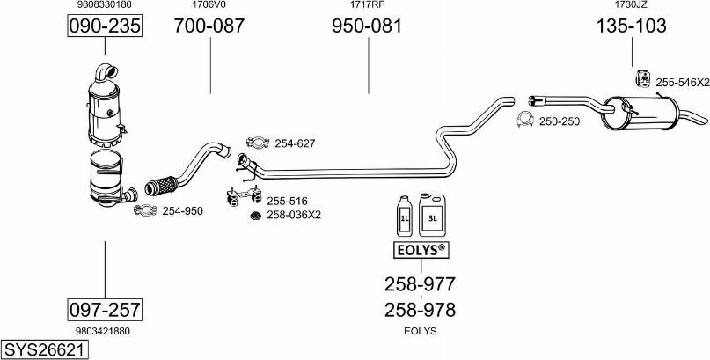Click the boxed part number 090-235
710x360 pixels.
(105, 27)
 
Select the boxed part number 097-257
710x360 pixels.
(105, 309)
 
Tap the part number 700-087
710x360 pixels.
(209, 27)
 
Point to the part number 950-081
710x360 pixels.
(366, 27)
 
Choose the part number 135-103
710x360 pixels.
(631, 27)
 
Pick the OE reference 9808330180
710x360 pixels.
(105, 5)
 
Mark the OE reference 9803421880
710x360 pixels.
(104, 331)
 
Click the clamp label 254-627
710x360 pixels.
(295, 143)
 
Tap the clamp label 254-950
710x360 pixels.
(182, 211)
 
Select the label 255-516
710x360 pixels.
(287, 201)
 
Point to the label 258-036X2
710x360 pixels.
(294, 215)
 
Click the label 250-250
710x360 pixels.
(559, 121)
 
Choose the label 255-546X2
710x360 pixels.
(682, 82)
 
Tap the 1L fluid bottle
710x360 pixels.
(405, 216)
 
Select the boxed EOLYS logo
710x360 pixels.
(420, 251)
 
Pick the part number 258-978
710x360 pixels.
(420, 310)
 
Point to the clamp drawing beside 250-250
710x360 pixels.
(525, 120)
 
